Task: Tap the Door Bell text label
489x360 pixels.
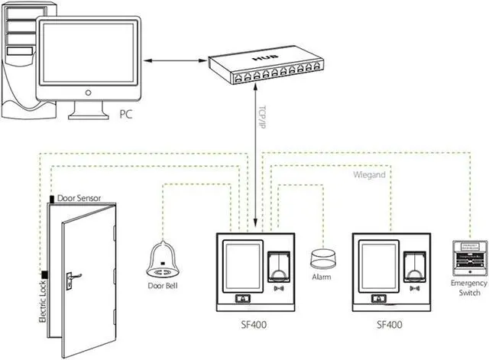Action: (163, 287)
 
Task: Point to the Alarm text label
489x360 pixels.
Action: (322, 276)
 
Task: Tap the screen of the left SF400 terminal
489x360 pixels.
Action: (241, 264)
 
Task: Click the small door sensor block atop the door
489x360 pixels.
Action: (51, 199)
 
